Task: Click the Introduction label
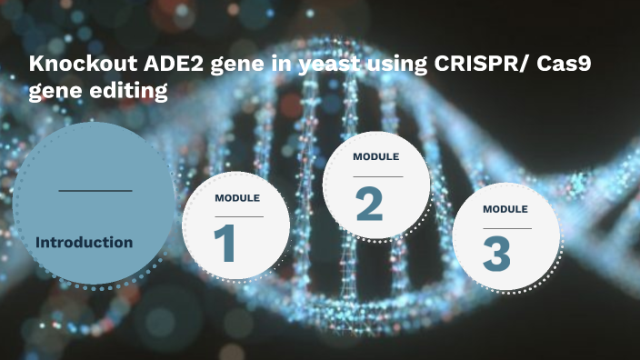pyautogui.click(x=84, y=243)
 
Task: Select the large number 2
pyautogui.click(x=368, y=205)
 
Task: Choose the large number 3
pyautogui.click(x=496, y=254)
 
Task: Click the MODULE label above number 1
pyautogui.click(x=237, y=198)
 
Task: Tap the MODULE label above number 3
pyautogui.click(x=505, y=209)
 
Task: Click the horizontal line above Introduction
pyautogui.click(x=95, y=191)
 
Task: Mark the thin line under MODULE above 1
pyautogui.click(x=238, y=216)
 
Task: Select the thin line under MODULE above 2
pyautogui.click(x=376, y=176)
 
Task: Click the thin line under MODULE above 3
pyautogui.click(x=506, y=228)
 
